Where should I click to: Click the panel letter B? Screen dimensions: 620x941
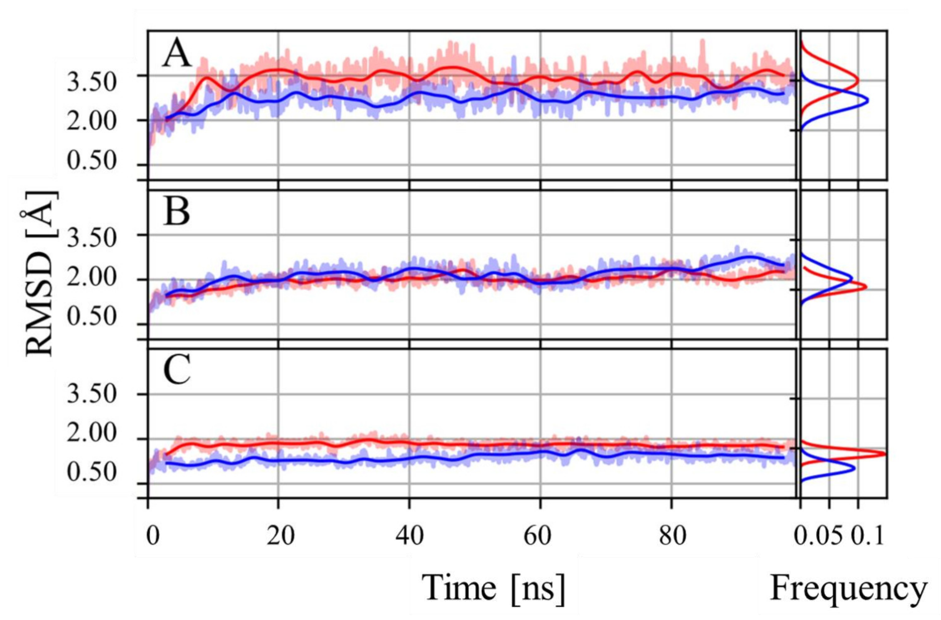pyautogui.click(x=176, y=214)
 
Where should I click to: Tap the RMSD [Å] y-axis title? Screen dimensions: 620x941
pyautogui.click(x=40, y=274)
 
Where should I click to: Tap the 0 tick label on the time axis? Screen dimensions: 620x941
pyautogui.click(x=152, y=537)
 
